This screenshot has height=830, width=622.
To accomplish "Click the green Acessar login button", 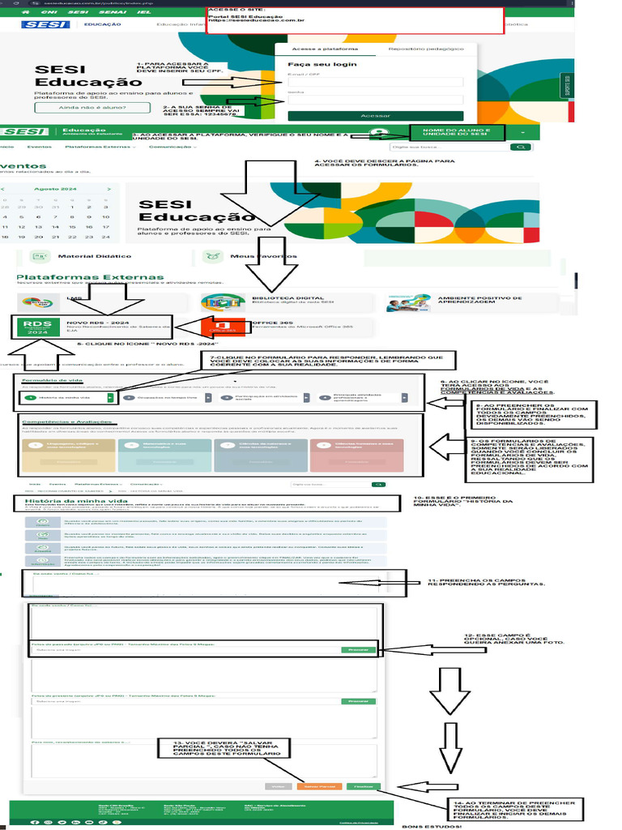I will click(x=375, y=116).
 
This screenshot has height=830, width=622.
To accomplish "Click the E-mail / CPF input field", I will click(x=375, y=82).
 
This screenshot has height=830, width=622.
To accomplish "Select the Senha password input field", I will click(x=375, y=101).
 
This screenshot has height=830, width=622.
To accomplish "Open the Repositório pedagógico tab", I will click(x=426, y=49).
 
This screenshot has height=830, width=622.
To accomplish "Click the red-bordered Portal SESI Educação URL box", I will click(x=355, y=20).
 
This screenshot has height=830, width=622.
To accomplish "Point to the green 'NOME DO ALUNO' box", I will click(x=457, y=133).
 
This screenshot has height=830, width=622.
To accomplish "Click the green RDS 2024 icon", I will click(x=37, y=327).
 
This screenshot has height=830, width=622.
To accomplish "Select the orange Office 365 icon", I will click(x=216, y=326).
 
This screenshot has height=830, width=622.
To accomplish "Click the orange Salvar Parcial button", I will click(x=318, y=786).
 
